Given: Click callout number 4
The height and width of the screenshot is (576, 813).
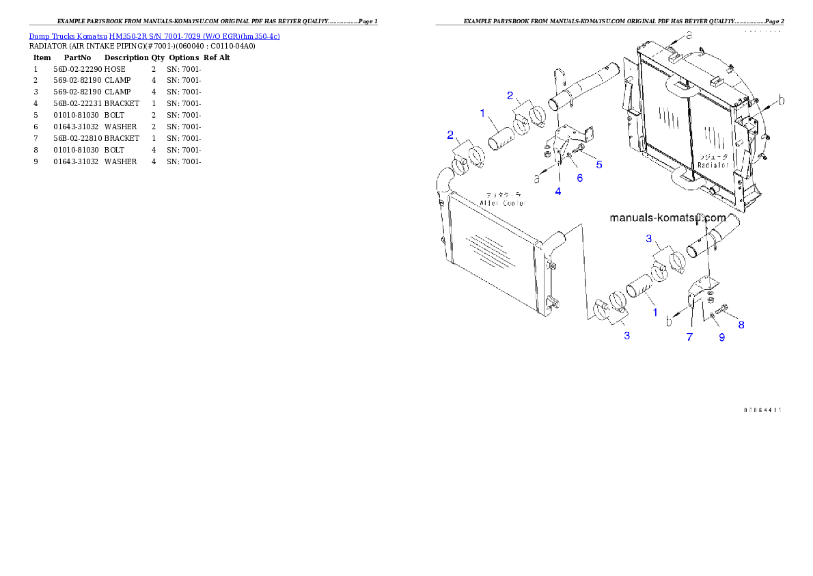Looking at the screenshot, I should pyautogui.click(x=558, y=192).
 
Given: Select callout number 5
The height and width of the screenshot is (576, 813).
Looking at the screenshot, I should pyautogui.click(x=598, y=164).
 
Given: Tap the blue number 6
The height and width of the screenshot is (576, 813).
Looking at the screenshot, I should pyautogui.click(x=579, y=178).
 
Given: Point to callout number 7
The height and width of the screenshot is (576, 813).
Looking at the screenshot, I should pyautogui.click(x=689, y=337).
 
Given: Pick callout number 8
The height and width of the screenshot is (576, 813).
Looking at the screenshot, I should pyautogui.click(x=741, y=325).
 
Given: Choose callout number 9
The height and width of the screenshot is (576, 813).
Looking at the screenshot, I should pyautogui.click(x=721, y=337).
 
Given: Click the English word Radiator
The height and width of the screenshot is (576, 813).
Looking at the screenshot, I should pyautogui.click(x=714, y=165).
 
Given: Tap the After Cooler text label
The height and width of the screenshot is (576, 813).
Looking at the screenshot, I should pyautogui.click(x=501, y=203).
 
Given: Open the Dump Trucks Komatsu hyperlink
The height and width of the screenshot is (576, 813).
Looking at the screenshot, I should pyautogui.click(x=154, y=36).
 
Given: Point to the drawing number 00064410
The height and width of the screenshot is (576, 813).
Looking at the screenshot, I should pyautogui.click(x=762, y=410).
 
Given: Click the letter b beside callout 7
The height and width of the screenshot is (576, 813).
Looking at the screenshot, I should pyautogui.click(x=670, y=319).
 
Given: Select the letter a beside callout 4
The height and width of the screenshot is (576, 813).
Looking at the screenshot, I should pyautogui.click(x=536, y=178).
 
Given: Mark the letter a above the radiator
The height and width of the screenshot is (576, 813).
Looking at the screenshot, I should pyautogui.click(x=689, y=34).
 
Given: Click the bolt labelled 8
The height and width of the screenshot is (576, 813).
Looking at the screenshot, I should pyautogui.click(x=726, y=315).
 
